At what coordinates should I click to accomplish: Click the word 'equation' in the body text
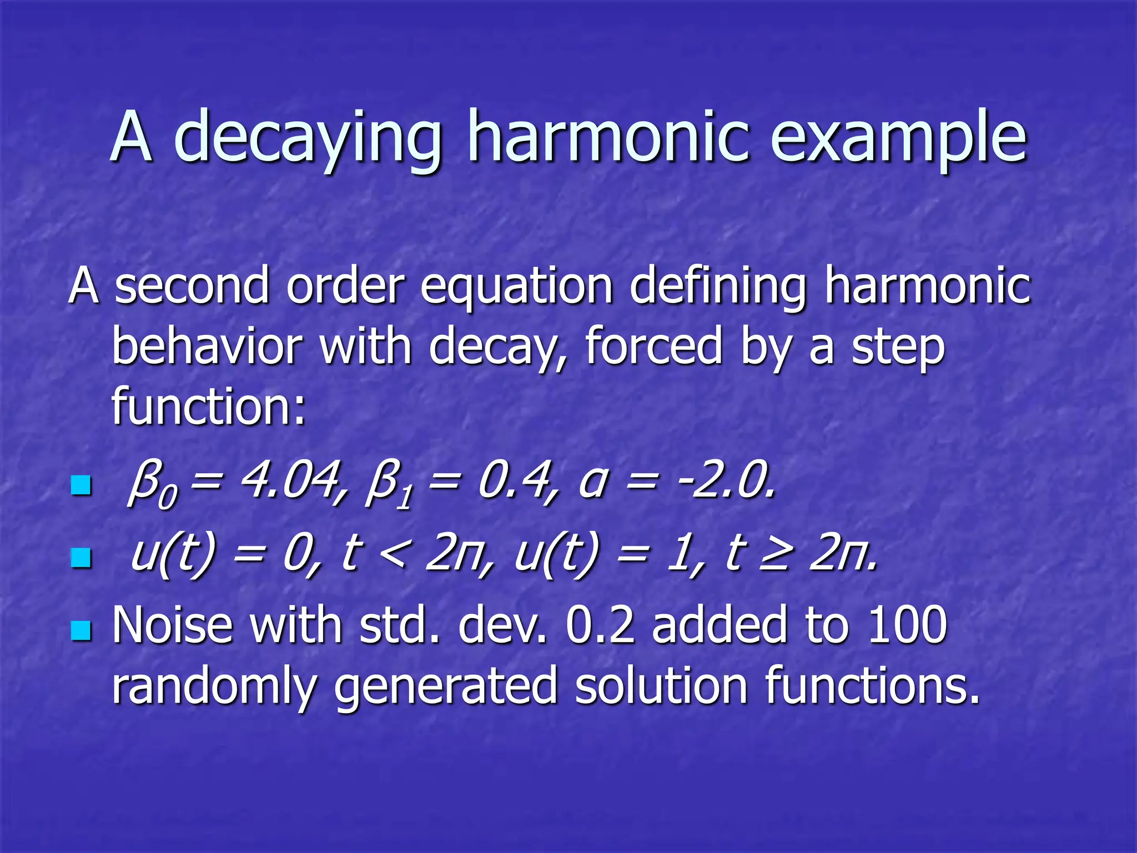pos(516,286)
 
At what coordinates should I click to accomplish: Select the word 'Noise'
pos(172,625)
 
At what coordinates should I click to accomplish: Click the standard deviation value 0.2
pos(600,625)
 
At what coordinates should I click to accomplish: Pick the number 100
pos(907,625)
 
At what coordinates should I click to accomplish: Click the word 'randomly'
pos(214,686)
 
